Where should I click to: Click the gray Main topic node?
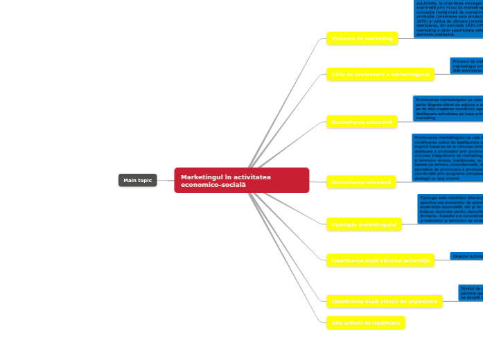(137, 181)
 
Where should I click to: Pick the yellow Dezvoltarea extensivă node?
(362, 123)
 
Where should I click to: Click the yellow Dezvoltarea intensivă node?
(361, 183)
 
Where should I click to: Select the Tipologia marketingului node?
(363, 224)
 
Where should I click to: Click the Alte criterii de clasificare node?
(365, 323)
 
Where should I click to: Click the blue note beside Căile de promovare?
(466, 66)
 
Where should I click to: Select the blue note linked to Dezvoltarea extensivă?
(448, 109)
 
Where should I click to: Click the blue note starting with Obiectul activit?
(466, 256)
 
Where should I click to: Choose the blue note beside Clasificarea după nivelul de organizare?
(470, 292)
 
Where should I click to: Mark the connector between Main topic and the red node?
(165, 181)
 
